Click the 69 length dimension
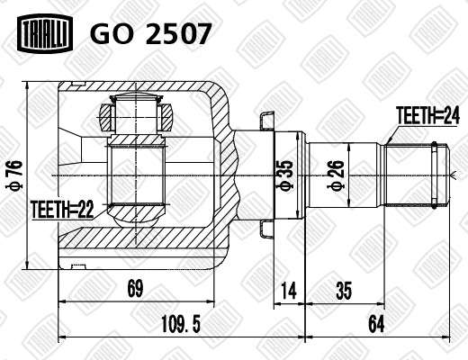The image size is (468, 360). (134, 290)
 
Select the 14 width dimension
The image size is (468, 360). (289, 290)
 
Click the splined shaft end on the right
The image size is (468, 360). (417, 173)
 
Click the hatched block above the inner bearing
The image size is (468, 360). (136, 117)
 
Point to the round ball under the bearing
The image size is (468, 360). (135, 213)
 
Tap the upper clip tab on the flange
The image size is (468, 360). (265, 119)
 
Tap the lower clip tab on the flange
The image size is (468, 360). (265, 229)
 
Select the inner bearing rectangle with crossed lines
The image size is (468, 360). (135, 175)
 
